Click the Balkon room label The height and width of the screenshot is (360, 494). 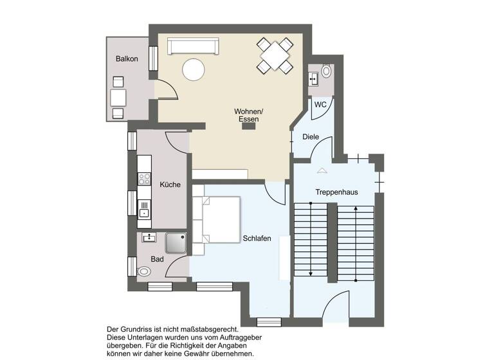(x=127, y=59)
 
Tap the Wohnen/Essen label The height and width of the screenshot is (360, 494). (x=248, y=116)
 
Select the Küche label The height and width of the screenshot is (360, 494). (x=170, y=184)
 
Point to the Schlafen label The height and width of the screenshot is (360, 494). (x=257, y=239)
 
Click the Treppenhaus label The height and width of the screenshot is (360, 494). (x=336, y=192)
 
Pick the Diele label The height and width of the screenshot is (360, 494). (x=311, y=137)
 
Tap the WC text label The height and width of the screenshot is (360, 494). (x=320, y=105)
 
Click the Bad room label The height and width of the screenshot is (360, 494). (x=157, y=259)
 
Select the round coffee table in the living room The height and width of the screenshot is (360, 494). (x=193, y=69)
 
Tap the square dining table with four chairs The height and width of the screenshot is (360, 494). (x=275, y=56)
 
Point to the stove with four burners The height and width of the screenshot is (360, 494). (x=145, y=179)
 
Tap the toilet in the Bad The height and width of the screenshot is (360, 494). (x=143, y=271)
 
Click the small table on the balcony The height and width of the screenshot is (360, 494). (x=118, y=98)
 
